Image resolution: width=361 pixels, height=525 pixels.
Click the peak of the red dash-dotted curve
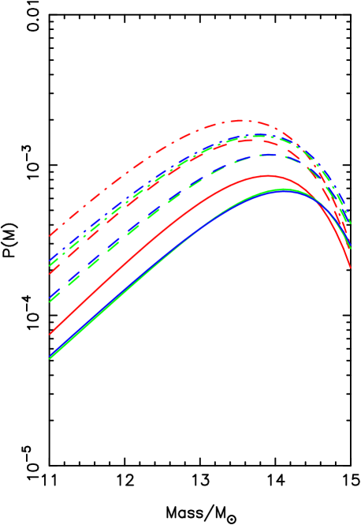pyautogui.click(x=240, y=121)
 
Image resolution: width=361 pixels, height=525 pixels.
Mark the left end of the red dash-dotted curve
pyautogui.click(x=50, y=235)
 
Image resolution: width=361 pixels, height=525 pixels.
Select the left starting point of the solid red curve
pyautogui.click(x=50, y=334)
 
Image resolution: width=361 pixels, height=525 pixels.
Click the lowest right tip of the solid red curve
pyautogui.click(x=350, y=268)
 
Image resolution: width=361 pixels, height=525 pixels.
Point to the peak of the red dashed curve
pyautogui.click(x=251, y=141)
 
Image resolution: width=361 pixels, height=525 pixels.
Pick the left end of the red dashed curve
pyautogui.click(x=50, y=273)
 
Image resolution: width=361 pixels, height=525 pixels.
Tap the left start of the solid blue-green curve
pyautogui.click(x=50, y=358)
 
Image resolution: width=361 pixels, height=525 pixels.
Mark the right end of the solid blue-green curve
pyautogui.click(x=350, y=249)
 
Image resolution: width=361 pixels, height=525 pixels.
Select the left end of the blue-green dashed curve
pyautogui.click(x=50, y=301)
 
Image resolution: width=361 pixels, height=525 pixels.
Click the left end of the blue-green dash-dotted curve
pyautogui.click(x=50, y=263)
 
